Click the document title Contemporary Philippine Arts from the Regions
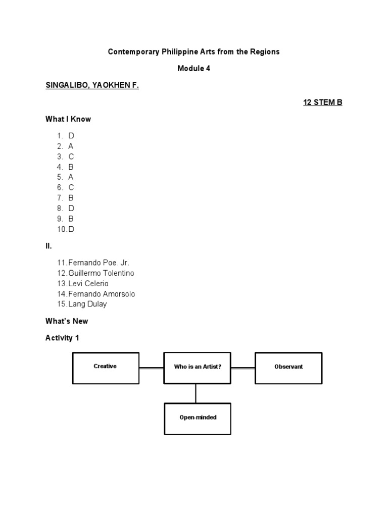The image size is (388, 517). coord(193,52)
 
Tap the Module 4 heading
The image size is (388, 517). coord(193,69)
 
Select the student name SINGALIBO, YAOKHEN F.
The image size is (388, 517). coord(92,86)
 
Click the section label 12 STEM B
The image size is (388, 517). coord(322,102)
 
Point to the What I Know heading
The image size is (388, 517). coord(68,119)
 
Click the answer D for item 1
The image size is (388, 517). coord(71,136)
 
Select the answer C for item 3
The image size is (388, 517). coord(71,157)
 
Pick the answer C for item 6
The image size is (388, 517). coord(71,187)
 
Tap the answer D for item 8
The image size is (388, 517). coord(71,208)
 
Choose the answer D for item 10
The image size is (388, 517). coord(71,229)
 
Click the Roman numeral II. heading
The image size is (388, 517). coord(48,246)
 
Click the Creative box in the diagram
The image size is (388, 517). coord(106,368)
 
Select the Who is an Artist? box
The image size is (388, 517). coord(198,368)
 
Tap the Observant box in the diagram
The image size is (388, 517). coord(288,368)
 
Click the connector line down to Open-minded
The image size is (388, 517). coord(196,393)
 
